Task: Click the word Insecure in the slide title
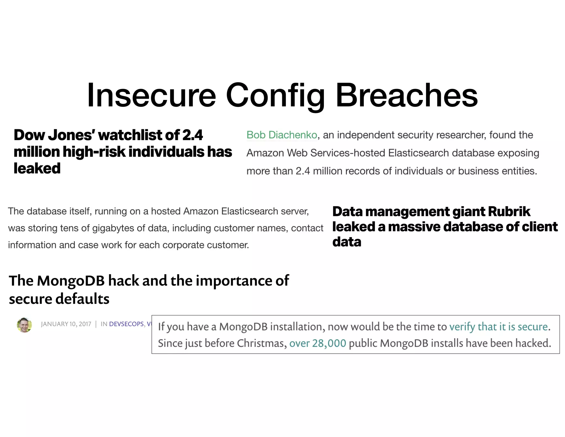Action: [151, 95]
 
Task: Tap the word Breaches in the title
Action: [407, 95]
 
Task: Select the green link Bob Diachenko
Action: [282, 135]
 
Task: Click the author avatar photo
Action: [24, 325]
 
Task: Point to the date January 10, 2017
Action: [66, 324]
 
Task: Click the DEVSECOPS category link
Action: [126, 324]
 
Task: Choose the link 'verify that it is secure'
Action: [498, 327]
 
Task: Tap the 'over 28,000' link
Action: [318, 343]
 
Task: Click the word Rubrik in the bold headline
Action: [509, 212]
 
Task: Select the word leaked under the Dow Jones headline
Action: [37, 169]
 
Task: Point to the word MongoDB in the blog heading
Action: [71, 281]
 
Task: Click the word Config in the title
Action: [275, 95]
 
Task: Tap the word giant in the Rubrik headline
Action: [468, 212]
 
